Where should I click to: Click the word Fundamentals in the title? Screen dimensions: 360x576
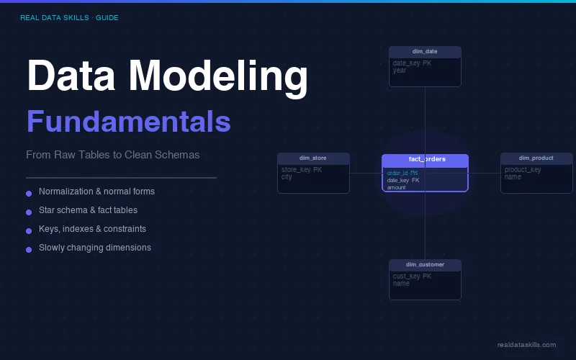(128, 122)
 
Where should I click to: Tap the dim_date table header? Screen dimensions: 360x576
(425, 52)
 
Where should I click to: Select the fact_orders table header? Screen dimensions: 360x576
(425, 159)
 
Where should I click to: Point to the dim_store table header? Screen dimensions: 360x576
(313, 158)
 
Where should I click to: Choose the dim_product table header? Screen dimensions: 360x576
(536, 158)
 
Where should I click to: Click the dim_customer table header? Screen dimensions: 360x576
(425, 264)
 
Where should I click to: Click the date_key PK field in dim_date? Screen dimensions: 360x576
(412, 63)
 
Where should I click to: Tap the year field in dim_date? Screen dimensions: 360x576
(400, 71)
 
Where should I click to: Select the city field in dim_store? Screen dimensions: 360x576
(287, 177)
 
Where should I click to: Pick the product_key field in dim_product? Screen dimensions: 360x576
(523, 170)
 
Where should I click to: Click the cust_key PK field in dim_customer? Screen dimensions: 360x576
(412, 276)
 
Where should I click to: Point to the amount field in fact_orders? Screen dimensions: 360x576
(396, 187)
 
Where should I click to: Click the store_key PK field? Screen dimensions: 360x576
(301, 170)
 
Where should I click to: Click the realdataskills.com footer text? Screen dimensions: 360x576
(526, 345)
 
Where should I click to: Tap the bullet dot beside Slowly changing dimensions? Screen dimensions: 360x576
(29, 249)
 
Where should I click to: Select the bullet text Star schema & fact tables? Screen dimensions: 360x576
(88, 210)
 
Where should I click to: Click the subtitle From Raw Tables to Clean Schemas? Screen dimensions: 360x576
(112, 155)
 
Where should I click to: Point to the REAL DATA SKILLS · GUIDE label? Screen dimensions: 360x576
(69, 17)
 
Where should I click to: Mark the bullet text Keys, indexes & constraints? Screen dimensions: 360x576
(92, 229)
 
